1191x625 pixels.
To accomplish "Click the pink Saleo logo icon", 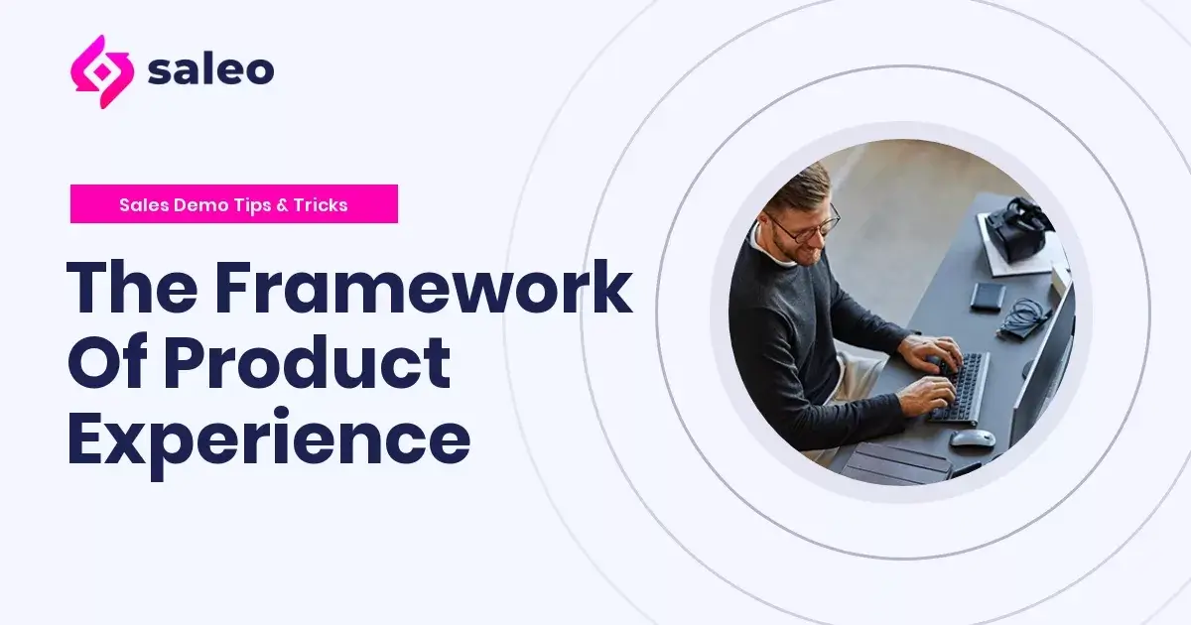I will tap(102, 71).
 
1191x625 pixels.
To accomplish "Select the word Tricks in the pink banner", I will tap(320, 205).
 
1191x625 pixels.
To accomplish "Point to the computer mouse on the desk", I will tap(971, 437).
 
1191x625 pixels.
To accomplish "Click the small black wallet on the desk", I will tap(987, 296).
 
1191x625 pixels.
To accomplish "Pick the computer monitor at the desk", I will tap(1042, 367).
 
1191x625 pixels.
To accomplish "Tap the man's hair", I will tap(797, 187).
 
